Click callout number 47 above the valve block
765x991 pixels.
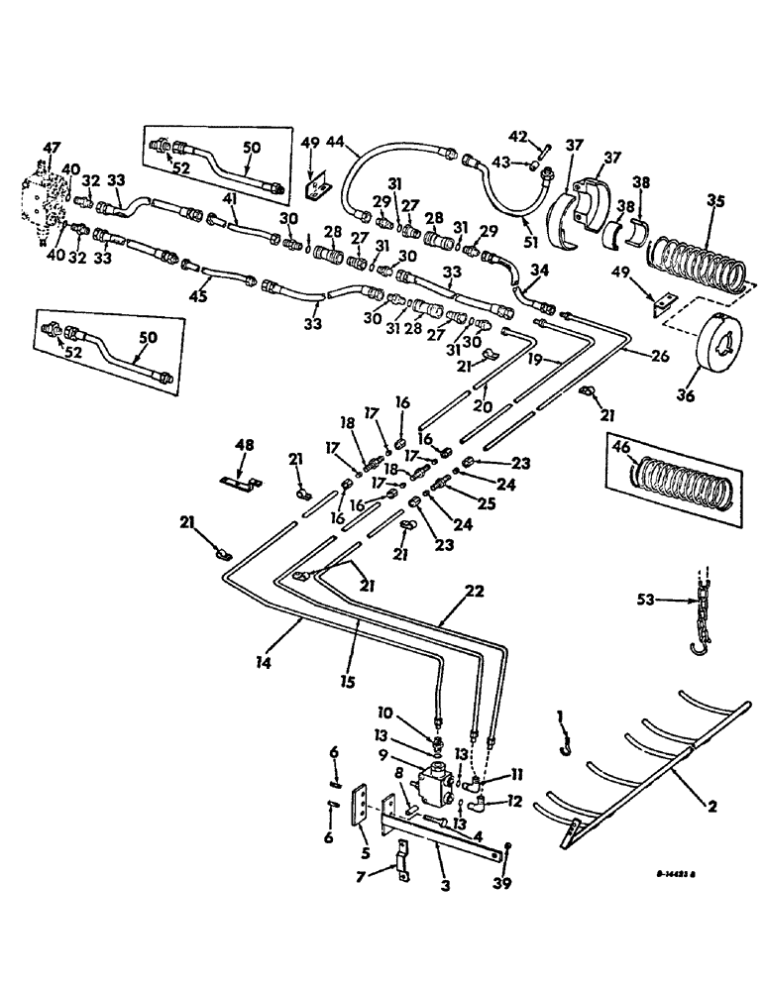[x=53, y=148]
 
